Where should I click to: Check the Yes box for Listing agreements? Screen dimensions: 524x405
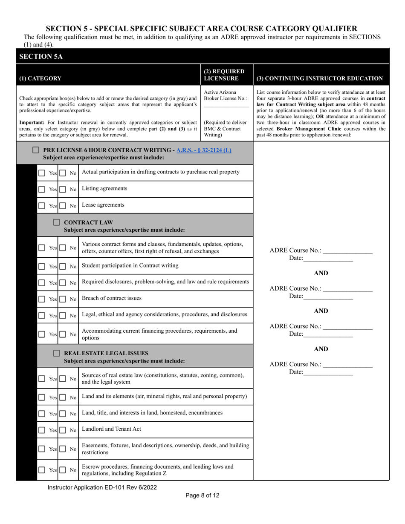(42, 189)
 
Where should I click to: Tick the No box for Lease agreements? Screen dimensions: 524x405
(63, 206)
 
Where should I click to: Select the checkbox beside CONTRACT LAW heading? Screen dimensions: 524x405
(57, 222)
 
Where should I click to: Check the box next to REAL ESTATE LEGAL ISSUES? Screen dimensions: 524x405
(57, 353)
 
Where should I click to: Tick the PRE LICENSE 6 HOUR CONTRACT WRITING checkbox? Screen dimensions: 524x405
(36, 150)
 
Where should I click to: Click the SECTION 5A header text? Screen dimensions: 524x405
(41, 57)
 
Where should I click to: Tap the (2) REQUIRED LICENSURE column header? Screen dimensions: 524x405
(224, 75)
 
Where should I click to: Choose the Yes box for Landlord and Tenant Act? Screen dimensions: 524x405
(42, 430)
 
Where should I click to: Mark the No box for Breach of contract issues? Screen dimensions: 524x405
(63, 299)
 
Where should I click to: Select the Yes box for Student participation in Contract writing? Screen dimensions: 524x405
(42, 266)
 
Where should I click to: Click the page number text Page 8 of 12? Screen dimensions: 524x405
(202, 495)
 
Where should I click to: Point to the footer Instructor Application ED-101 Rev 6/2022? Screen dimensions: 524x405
(102, 487)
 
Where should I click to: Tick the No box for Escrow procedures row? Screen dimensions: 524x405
(63, 470)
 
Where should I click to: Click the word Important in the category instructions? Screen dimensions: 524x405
(31, 122)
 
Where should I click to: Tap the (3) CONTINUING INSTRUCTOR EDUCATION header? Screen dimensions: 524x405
(319, 78)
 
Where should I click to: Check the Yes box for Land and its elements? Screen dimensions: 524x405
(42, 397)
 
